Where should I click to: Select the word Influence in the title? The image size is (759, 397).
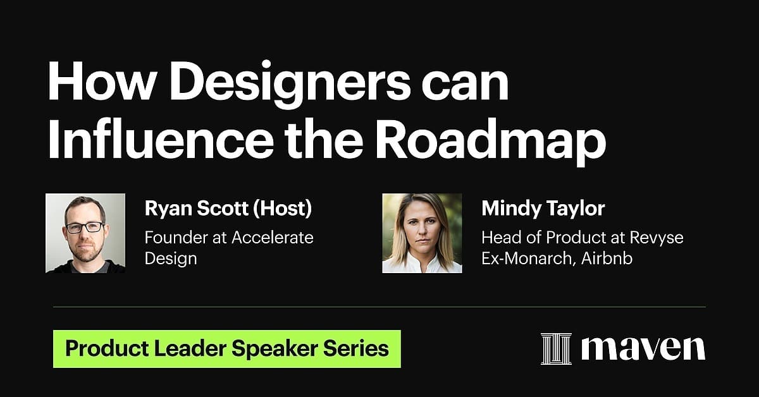[x=161, y=139]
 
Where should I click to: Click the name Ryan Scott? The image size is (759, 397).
[x=197, y=208]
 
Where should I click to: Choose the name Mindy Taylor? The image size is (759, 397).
[x=543, y=209]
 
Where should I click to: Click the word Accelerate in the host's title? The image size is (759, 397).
[x=273, y=238]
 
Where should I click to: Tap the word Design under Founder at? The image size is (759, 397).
[x=171, y=259]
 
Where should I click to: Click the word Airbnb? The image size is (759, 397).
[x=607, y=259]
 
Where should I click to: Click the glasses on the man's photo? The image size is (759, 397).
[x=85, y=227]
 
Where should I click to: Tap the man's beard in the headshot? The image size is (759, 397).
[x=85, y=251]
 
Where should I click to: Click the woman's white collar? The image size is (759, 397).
[x=422, y=264]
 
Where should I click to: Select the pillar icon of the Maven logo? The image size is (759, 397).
[x=556, y=349]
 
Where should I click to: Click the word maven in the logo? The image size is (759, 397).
[x=643, y=348]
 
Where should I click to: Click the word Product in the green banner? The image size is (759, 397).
[x=107, y=348]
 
